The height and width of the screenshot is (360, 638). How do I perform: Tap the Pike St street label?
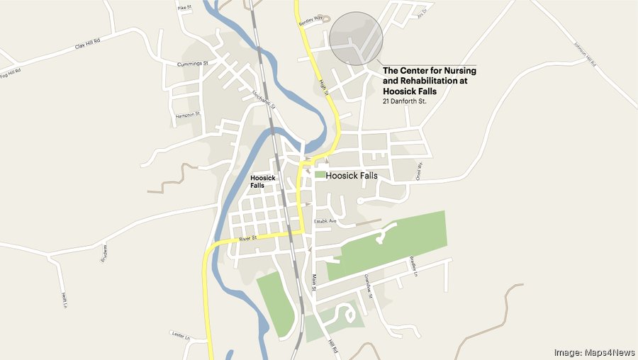point(184,8)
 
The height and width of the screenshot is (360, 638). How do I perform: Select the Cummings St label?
point(192,64)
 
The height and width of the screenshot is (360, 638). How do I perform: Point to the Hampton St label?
point(188,115)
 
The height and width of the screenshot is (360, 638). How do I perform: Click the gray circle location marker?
point(357,38)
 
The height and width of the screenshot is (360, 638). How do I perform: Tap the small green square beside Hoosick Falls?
point(320,174)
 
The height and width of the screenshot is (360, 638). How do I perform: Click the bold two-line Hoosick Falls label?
point(263,181)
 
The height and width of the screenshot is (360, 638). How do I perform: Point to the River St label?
point(246,239)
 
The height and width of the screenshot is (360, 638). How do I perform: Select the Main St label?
point(313,282)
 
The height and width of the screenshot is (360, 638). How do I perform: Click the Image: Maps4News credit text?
point(591,351)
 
